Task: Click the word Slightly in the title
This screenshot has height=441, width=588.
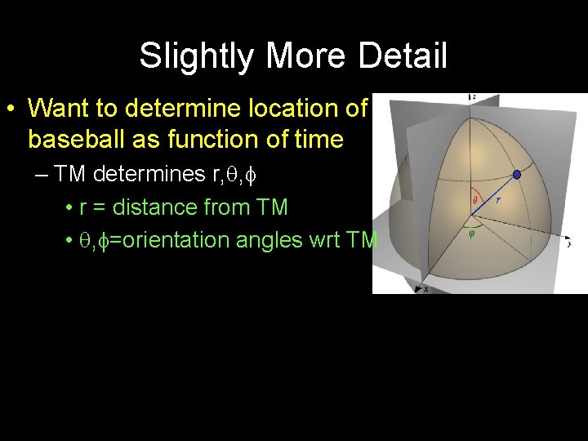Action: click(189, 57)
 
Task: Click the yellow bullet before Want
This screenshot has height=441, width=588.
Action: click(11, 109)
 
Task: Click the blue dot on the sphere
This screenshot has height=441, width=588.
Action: click(516, 174)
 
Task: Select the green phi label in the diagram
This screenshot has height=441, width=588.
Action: click(471, 230)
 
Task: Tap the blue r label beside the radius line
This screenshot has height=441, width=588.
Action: click(499, 198)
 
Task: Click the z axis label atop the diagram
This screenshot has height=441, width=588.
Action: click(473, 97)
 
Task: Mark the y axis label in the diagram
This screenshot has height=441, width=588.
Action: click(568, 243)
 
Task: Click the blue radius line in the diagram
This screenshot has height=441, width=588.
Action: click(493, 194)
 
